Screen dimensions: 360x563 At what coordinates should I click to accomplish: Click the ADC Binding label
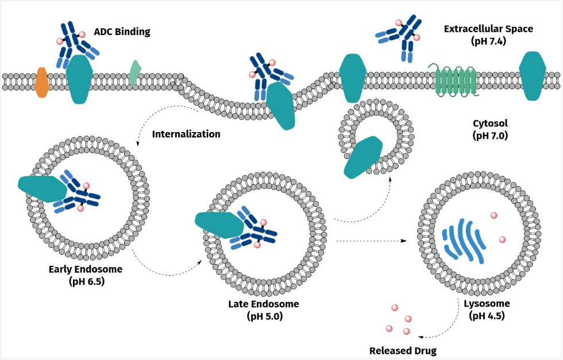pyautogui.click(x=122, y=32)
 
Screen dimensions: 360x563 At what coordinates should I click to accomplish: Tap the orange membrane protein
pyautogui.click(x=42, y=82)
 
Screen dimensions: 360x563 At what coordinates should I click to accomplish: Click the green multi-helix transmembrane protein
pyautogui.click(x=456, y=81)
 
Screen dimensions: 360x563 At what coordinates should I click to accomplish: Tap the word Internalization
pyautogui.click(x=186, y=134)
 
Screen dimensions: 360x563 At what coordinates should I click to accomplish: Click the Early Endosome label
pyautogui.click(x=86, y=269)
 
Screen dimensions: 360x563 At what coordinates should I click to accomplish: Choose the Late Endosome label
pyautogui.click(x=260, y=304)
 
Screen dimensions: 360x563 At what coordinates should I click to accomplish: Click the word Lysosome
pyautogui.click(x=487, y=304)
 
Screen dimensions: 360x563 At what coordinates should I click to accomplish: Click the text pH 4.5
pyautogui.click(x=487, y=316)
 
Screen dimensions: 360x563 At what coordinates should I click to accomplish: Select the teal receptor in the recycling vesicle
pyautogui.click(x=363, y=157)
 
